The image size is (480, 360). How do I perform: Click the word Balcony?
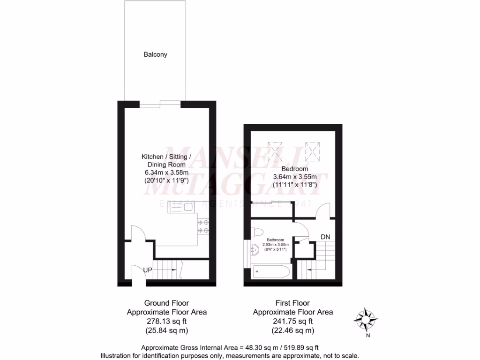155,54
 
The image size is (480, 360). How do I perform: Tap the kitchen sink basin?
188,207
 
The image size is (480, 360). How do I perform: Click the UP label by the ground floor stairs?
148,270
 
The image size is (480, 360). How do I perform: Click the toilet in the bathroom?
257,232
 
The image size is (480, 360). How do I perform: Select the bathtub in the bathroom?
270,272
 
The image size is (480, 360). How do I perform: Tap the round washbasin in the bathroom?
255,250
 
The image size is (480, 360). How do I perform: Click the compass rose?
365,320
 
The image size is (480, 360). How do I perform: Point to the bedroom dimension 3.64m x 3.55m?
295,177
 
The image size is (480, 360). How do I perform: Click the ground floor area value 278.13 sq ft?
166,321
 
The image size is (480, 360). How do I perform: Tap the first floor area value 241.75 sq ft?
292,321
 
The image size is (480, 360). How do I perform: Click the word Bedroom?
294,169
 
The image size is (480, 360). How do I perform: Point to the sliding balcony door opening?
159,104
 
